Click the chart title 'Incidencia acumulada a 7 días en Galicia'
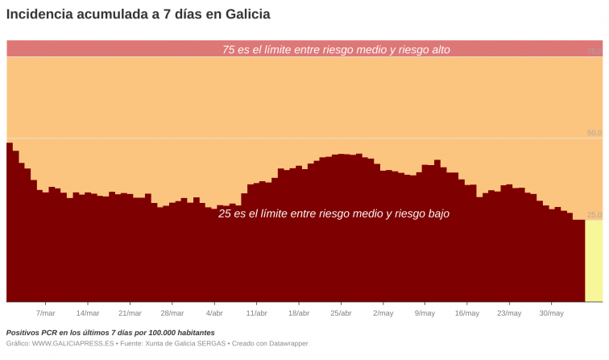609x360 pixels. [x=139, y=14]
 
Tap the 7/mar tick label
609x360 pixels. [x=46, y=313]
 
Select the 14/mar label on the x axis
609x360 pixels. [x=88, y=313]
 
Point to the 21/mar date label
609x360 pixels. [x=130, y=313]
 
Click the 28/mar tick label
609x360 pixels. [x=172, y=313]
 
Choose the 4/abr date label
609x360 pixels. [x=214, y=313]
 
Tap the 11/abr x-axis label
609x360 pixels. [x=256, y=313]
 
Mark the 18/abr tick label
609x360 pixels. [x=298, y=313]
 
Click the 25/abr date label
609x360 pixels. [x=341, y=313]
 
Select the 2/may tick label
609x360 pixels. [x=383, y=313]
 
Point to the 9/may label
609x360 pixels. [x=425, y=313]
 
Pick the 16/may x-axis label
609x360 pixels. [x=467, y=313]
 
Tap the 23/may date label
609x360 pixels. [x=509, y=313]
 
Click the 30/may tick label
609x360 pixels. [x=551, y=313]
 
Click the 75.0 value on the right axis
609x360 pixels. [x=594, y=51]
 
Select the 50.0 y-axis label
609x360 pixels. [x=594, y=133]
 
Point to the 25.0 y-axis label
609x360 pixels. [x=594, y=215]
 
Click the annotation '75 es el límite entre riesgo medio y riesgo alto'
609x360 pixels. [x=336, y=50]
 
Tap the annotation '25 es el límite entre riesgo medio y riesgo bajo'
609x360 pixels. [x=333, y=214]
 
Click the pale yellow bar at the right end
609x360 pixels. [x=593, y=261]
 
